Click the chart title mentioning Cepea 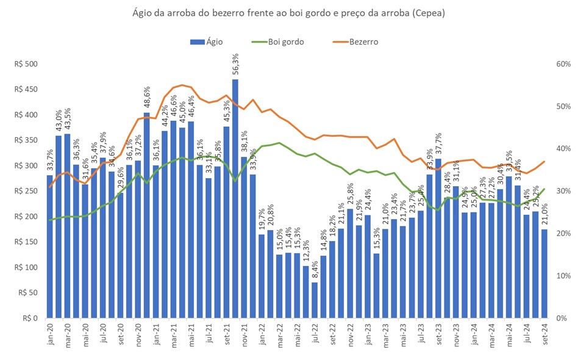point(288,13)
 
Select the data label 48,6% point(147,98)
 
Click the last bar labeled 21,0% point(544,273)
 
